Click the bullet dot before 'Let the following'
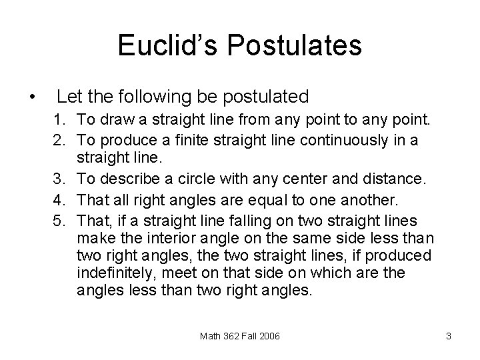(33, 98)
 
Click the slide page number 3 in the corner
(449, 337)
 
